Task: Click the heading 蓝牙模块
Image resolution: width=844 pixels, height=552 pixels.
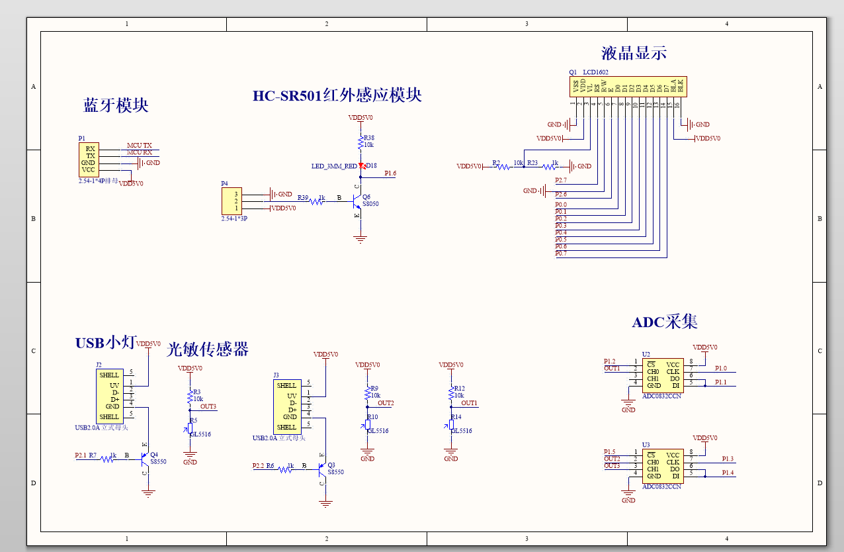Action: (x=116, y=106)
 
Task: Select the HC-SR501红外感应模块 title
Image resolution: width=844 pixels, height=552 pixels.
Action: (x=337, y=95)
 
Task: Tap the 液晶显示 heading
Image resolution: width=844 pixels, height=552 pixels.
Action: (x=633, y=54)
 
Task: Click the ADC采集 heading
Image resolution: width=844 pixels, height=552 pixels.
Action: (x=665, y=322)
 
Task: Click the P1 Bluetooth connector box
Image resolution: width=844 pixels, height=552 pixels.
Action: (x=89, y=160)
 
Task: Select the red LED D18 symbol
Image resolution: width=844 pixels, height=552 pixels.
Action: (x=361, y=165)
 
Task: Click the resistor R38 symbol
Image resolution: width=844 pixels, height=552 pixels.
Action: (x=360, y=143)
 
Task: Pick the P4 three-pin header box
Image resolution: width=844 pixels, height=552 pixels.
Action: (x=232, y=201)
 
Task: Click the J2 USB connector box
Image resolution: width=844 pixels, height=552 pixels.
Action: (x=109, y=396)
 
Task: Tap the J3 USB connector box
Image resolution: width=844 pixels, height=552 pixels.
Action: (x=286, y=406)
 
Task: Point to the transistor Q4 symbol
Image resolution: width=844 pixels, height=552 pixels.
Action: (x=145, y=457)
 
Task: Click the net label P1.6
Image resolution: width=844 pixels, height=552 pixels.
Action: (x=390, y=173)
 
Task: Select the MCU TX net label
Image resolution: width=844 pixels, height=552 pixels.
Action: (x=139, y=146)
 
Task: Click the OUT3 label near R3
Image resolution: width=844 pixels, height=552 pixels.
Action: (x=208, y=406)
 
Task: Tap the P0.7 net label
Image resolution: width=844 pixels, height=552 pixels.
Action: (x=561, y=253)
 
